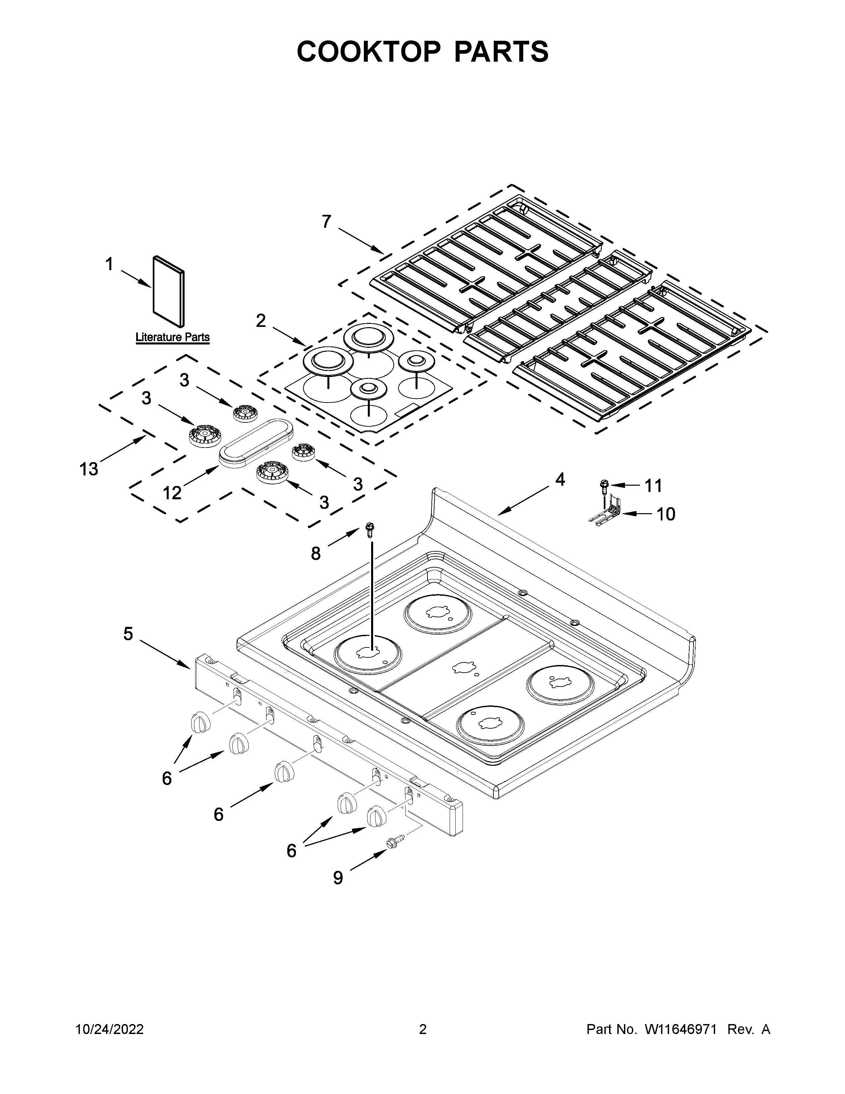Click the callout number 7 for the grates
326,221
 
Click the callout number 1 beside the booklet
109,265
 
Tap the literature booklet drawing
168,291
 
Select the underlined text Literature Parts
172,337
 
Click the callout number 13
88,469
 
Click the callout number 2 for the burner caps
261,321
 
